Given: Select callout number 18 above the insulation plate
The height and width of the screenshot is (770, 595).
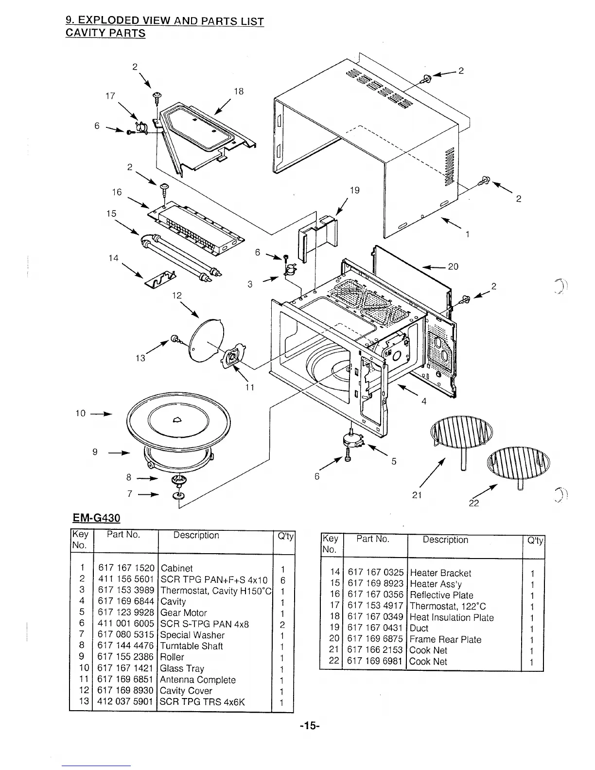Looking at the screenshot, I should (x=239, y=91).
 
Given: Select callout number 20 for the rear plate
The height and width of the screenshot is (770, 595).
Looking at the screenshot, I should (x=453, y=266).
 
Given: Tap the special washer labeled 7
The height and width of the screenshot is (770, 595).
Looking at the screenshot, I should (x=178, y=496).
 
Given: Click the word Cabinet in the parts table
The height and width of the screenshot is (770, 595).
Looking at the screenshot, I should (x=176, y=568).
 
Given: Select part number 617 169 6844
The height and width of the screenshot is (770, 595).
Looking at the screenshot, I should (x=126, y=601).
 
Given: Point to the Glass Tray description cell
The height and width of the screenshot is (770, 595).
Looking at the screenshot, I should (x=182, y=668).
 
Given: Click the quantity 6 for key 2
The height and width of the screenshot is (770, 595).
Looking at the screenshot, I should (x=282, y=580).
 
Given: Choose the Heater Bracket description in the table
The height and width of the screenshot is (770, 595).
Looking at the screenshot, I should (x=440, y=573).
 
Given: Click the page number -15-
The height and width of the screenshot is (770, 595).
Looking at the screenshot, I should (x=309, y=726).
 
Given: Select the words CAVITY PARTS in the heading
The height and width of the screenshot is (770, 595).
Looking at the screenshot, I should (x=105, y=34).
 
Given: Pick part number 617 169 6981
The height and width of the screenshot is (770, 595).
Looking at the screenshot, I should (x=375, y=662).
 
